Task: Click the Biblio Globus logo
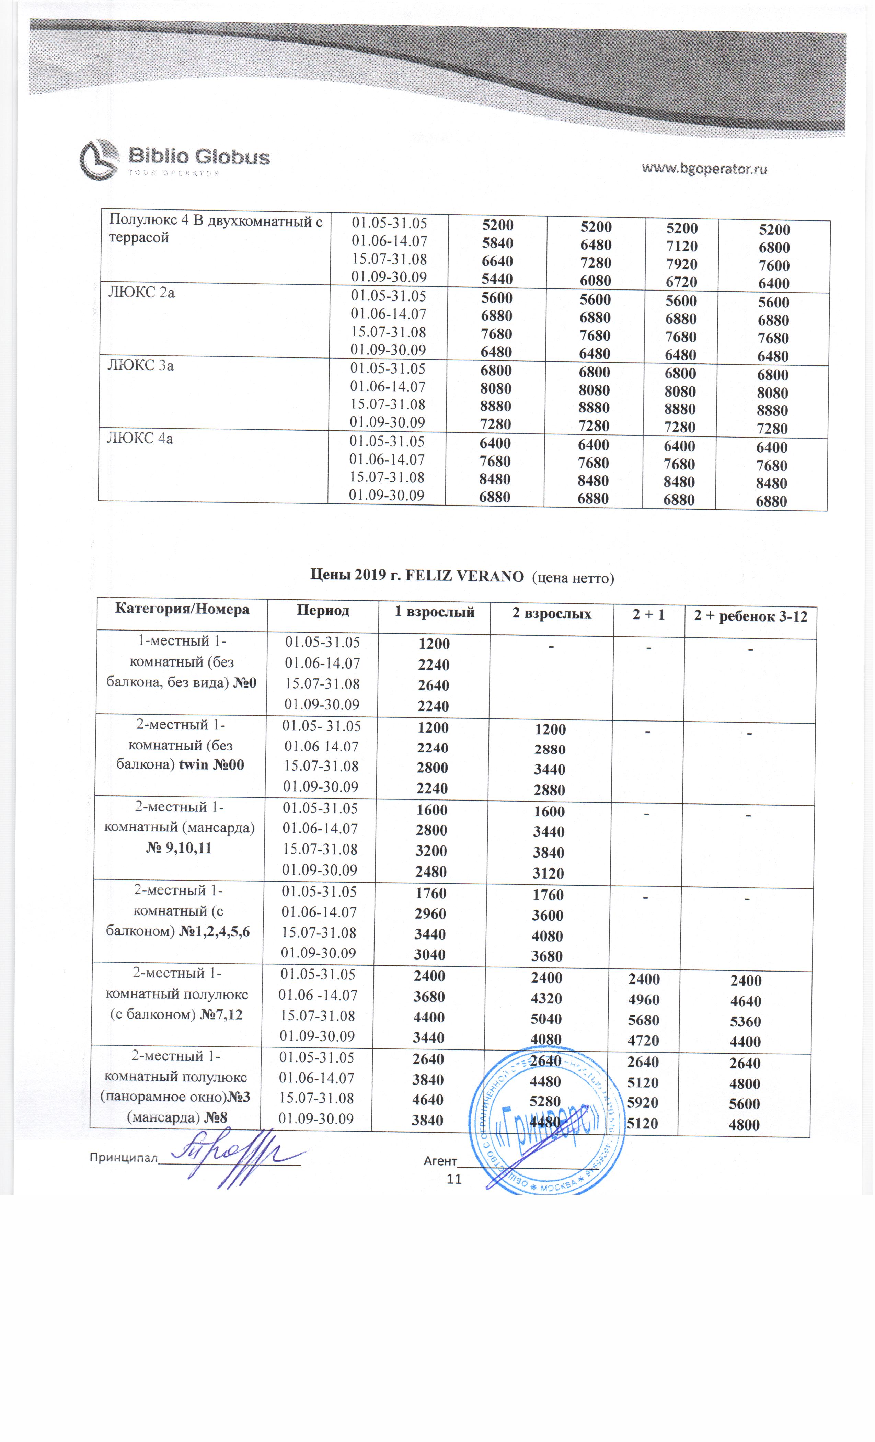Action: click(174, 159)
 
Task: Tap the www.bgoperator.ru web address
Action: click(704, 169)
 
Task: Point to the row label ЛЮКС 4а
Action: click(140, 438)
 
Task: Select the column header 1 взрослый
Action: click(434, 612)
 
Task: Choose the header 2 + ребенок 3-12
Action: click(750, 616)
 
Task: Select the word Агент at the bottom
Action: click(440, 1160)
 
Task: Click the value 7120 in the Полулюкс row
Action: click(681, 246)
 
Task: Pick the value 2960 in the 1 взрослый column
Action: click(430, 913)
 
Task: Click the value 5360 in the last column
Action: click(745, 1021)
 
